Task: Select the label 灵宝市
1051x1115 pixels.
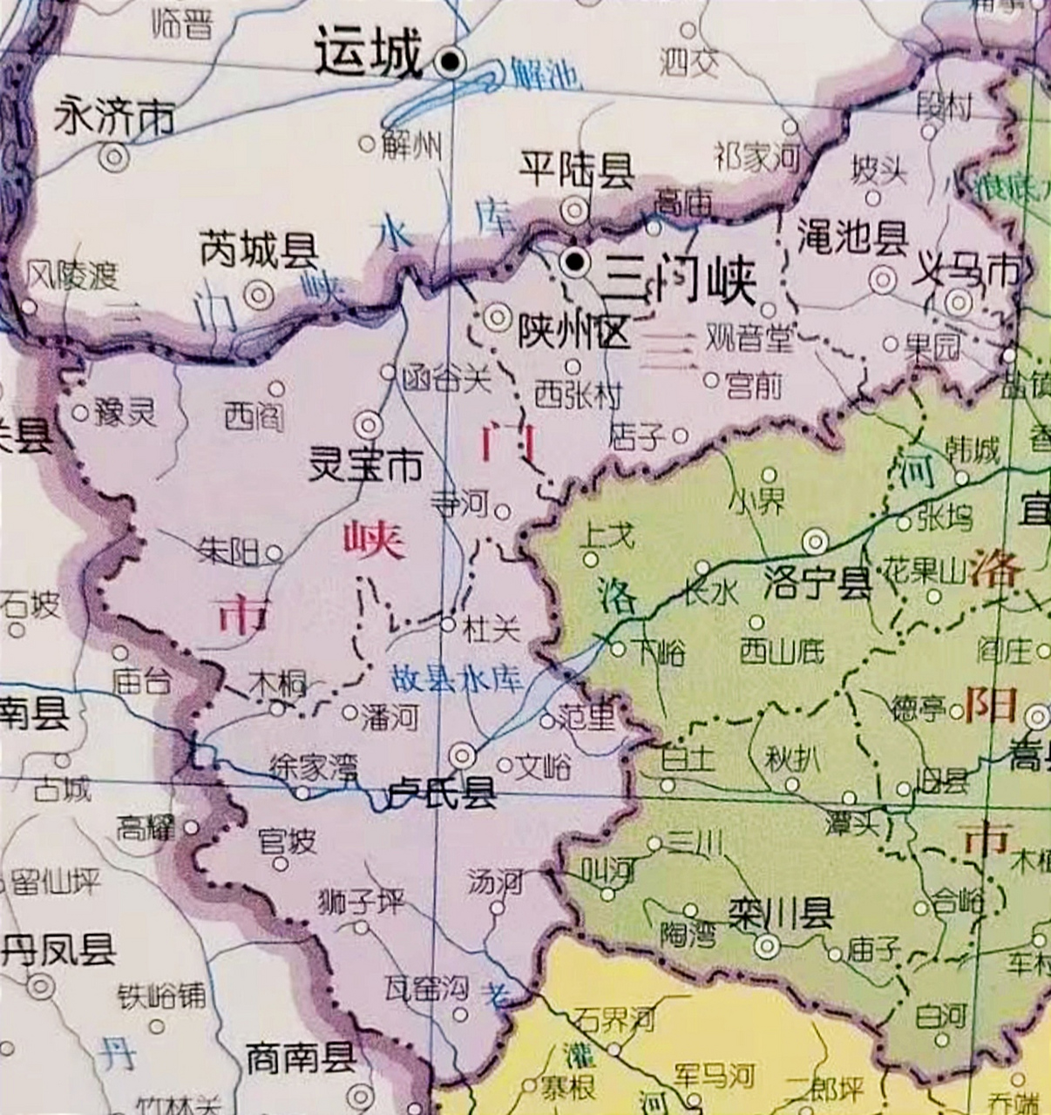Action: (x=365, y=466)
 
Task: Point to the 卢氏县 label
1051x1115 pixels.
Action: (x=442, y=792)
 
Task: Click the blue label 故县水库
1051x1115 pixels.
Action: (x=457, y=679)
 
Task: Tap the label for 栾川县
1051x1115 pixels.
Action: (x=780, y=915)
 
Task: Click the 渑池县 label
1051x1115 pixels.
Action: (x=852, y=237)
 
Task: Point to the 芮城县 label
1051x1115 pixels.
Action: (x=259, y=251)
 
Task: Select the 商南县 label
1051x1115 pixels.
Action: (x=301, y=1058)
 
